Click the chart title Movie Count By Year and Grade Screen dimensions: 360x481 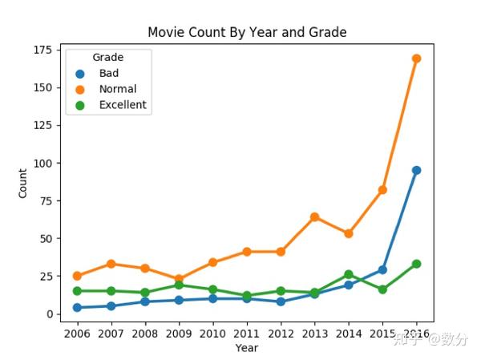point(247,32)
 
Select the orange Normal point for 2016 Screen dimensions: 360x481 point(417,59)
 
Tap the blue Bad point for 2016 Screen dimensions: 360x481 point(417,170)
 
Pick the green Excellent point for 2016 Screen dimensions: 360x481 point(417,264)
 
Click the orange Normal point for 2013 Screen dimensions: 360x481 point(315,216)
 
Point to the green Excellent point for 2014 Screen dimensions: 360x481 point(349,274)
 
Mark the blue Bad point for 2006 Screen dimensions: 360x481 point(77,307)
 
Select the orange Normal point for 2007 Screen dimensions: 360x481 point(111,264)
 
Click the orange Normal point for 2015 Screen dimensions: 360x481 point(383,190)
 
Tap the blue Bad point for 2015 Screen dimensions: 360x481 point(383,269)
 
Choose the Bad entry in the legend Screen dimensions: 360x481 point(108,73)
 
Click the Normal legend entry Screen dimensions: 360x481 point(117,89)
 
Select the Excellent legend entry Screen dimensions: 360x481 point(123,105)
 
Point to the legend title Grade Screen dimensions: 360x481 point(107,57)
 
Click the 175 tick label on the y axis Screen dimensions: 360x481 point(42,51)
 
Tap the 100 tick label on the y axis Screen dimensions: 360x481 point(42,164)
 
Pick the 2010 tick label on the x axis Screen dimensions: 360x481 point(213,332)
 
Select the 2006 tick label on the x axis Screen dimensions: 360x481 point(77,332)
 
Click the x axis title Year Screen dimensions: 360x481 point(247,348)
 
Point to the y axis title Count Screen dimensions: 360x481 point(22,182)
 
